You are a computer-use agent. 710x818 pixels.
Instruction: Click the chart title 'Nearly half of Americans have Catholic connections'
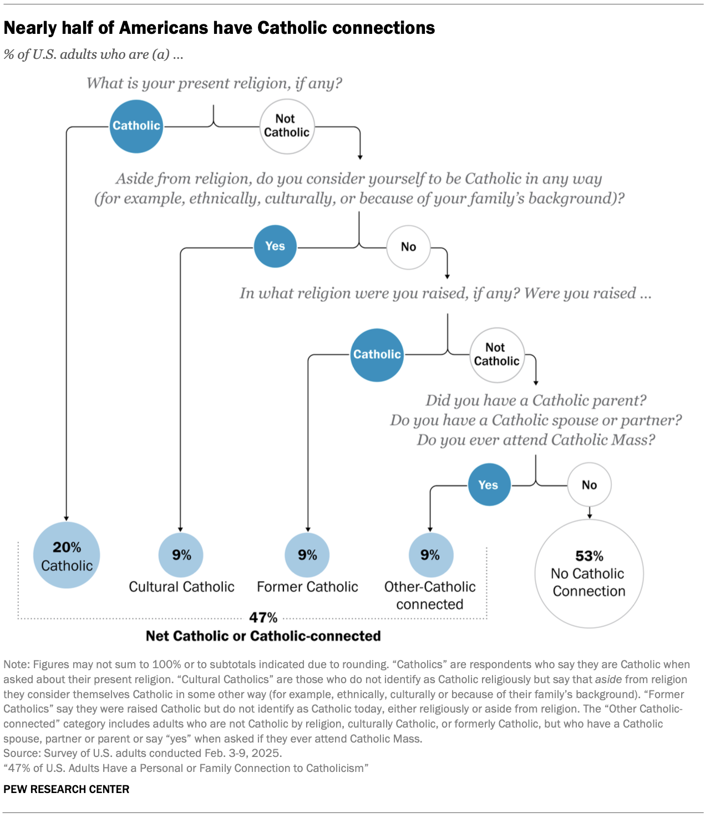click(219, 28)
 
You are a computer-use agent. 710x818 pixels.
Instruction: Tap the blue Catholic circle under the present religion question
click(136, 127)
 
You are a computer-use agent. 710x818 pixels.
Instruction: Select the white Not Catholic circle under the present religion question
click(287, 127)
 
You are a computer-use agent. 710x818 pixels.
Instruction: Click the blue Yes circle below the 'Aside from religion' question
click(275, 246)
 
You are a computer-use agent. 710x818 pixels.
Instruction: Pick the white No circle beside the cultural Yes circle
click(408, 247)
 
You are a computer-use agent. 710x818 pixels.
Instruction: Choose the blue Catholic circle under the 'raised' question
click(377, 355)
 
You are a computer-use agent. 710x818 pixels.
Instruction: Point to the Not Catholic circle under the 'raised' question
click(496, 355)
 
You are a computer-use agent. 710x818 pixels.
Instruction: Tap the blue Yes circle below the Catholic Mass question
click(489, 484)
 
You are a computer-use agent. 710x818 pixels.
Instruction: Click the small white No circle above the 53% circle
click(589, 484)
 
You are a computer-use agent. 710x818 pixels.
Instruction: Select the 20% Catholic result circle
click(67, 555)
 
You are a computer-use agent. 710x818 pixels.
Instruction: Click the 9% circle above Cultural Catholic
click(181, 555)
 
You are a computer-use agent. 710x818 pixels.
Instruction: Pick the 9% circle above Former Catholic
click(307, 555)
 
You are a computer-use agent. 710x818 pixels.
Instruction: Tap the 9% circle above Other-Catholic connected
click(430, 555)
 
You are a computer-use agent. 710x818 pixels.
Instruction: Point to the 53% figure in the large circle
click(589, 556)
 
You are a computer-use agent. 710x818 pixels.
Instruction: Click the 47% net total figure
click(263, 617)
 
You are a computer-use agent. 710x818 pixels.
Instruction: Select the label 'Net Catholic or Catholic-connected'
click(263, 636)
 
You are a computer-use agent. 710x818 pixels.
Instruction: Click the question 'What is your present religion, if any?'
click(214, 84)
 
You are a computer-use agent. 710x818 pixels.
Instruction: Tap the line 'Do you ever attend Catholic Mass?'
click(536, 440)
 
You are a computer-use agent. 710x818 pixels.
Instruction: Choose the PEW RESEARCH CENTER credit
click(67, 789)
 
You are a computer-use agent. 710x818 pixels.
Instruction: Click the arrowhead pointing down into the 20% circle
click(67, 518)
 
